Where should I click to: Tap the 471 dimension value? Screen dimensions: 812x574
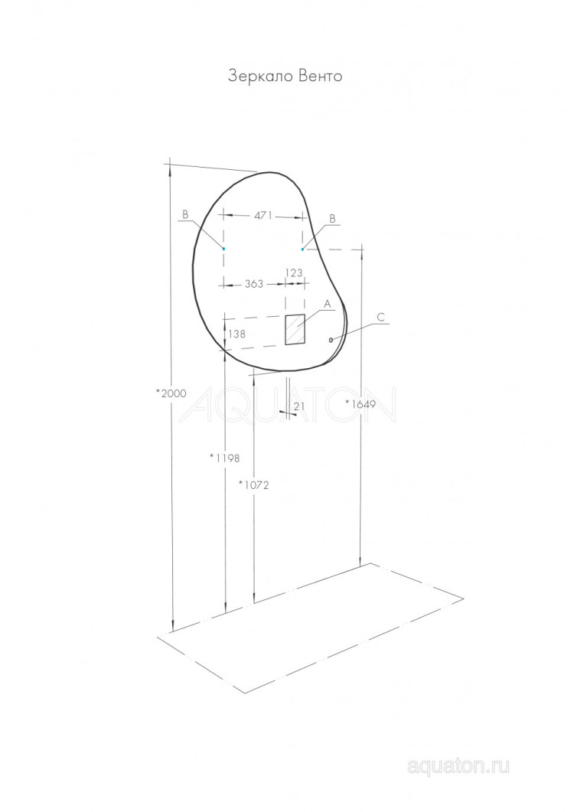pyautogui.click(x=263, y=216)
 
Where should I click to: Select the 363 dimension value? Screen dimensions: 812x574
pyautogui.click(x=254, y=284)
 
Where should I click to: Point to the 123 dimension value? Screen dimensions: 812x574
pyautogui.click(x=294, y=272)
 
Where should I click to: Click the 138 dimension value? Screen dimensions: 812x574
pyautogui.click(x=237, y=334)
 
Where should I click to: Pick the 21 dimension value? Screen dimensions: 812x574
pyautogui.click(x=299, y=406)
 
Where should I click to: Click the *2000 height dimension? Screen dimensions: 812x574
pyautogui.click(x=171, y=393)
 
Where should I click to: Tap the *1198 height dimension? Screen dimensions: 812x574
pyautogui.click(x=225, y=458)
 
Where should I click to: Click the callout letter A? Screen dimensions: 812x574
pyautogui.click(x=327, y=304)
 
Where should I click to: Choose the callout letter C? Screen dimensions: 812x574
pyautogui.click(x=381, y=316)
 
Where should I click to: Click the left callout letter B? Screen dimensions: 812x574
pyautogui.click(x=184, y=215)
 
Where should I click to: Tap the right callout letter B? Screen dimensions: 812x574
pyautogui.click(x=332, y=218)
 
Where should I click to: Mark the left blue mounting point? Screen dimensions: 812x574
pyautogui.click(x=223, y=249)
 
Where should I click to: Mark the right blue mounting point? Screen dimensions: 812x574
pyautogui.click(x=303, y=249)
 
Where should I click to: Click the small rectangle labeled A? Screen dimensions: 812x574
pyautogui.click(x=295, y=329)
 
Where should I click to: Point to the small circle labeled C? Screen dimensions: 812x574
pyautogui.click(x=331, y=340)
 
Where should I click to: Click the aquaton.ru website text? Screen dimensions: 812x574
pyautogui.click(x=458, y=766)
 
